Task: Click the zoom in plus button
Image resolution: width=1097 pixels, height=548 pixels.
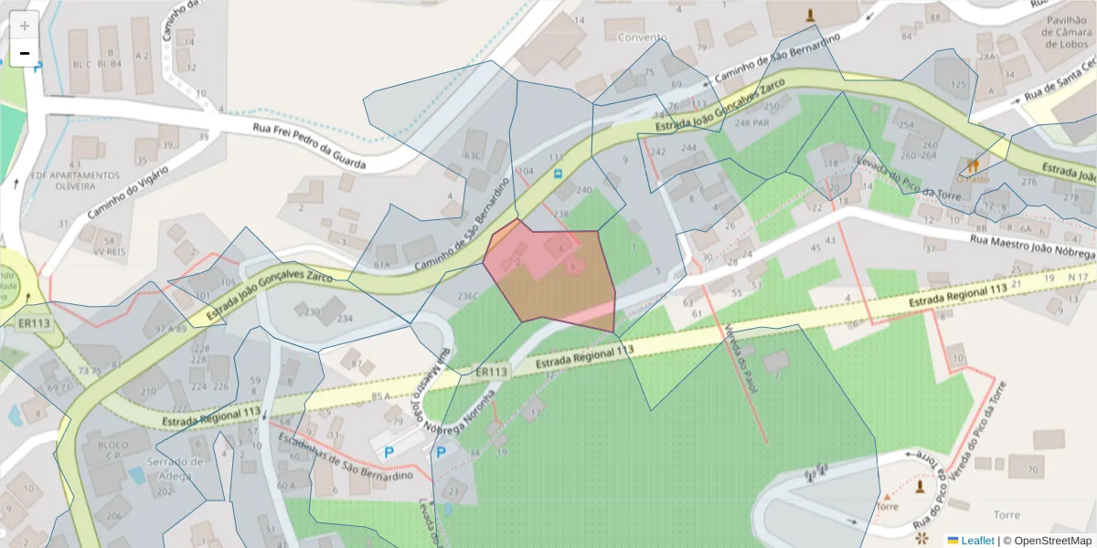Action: pyautogui.click(x=25, y=26)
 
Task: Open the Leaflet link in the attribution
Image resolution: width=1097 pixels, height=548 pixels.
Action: pyautogui.click(x=977, y=541)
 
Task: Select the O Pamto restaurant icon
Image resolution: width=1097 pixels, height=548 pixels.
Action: pyautogui.click(x=974, y=165)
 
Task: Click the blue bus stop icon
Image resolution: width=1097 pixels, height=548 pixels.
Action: pyautogui.click(x=558, y=172)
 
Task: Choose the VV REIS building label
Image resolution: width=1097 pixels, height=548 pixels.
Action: pyautogui.click(x=109, y=248)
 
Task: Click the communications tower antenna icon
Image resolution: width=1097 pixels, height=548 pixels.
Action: pyautogui.click(x=815, y=473)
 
